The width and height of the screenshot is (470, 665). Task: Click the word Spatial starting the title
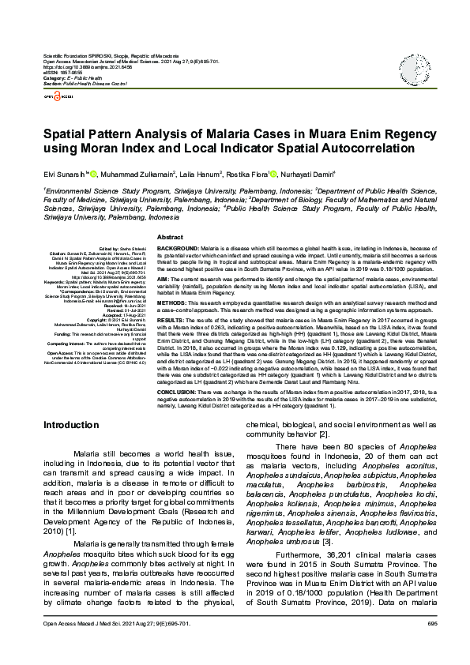(68, 135)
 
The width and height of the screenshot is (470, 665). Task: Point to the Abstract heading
(170, 237)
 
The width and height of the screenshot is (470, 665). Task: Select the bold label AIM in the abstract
(164, 279)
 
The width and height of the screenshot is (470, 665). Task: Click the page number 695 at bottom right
(432, 646)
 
